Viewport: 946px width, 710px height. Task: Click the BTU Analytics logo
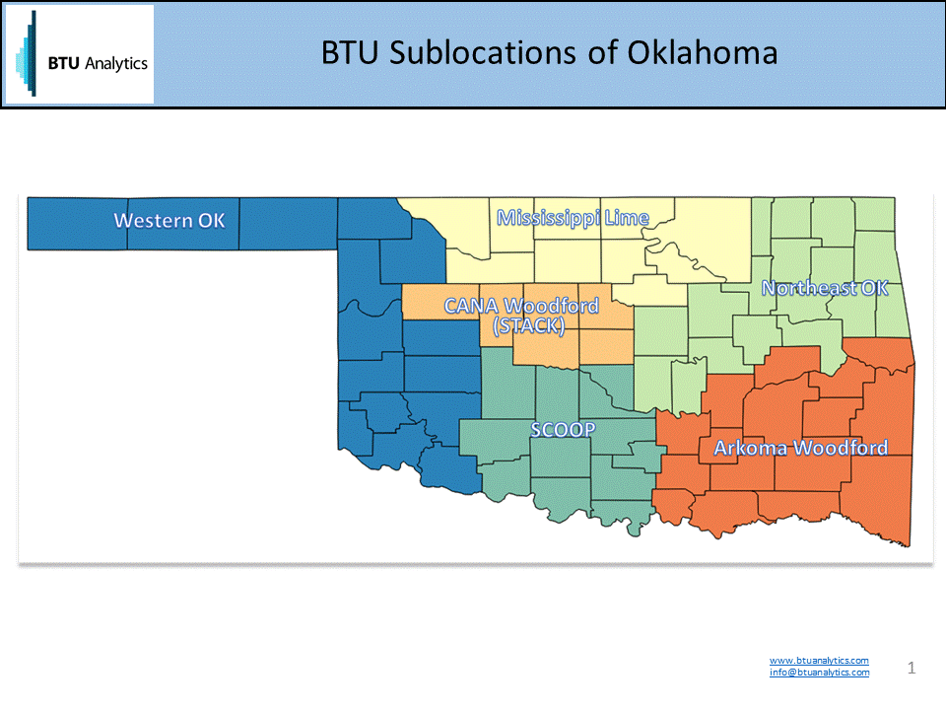pyautogui.click(x=80, y=54)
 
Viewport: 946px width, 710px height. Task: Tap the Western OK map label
pyautogui.click(x=169, y=220)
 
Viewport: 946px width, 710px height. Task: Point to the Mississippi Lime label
pyautogui.click(x=573, y=218)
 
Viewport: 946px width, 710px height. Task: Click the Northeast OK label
pyautogui.click(x=825, y=288)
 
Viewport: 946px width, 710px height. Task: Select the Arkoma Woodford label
pyautogui.click(x=800, y=448)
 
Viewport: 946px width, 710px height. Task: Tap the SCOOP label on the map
pyautogui.click(x=563, y=430)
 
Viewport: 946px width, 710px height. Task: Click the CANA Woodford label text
pyautogui.click(x=521, y=306)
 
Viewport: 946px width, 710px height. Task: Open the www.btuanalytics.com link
pyautogui.click(x=819, y=661)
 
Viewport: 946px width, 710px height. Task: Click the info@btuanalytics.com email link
pyautogui.click(x=819, y=673)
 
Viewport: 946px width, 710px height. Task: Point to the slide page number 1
pyautogui.click(x=912, y=669)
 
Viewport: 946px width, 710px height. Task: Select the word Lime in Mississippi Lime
pyautogui.click(x=628, y=218)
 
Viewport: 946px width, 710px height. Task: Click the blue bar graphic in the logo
pyautogui.click(x=28, y=54)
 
